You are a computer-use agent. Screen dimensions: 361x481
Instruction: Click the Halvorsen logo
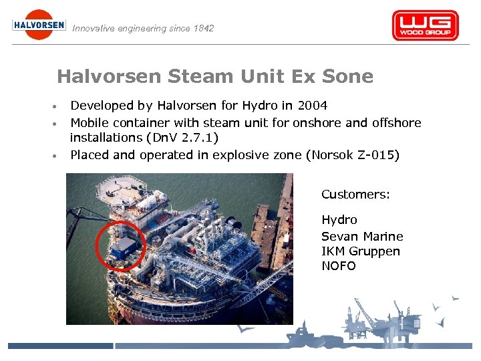(x=39, y=25)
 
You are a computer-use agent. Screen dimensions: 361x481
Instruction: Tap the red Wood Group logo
(x=425, y=26)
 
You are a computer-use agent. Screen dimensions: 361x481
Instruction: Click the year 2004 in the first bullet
(x=312, y=105)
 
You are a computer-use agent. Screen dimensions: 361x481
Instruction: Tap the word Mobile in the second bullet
(x=92, y=122)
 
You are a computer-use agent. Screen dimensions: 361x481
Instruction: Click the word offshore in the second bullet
(x=394, y=122)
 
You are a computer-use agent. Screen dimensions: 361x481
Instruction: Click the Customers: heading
(x=355, y=195)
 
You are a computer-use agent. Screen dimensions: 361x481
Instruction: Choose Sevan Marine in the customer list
(x=362, y=236)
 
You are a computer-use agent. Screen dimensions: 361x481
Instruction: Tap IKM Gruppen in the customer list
(x=361, y=251)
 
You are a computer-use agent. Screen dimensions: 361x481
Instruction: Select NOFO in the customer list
(x=339, y=266)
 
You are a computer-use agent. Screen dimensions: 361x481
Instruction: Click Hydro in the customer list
(x=339, y=220)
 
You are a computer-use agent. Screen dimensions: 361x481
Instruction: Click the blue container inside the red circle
(x=124, y=248)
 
